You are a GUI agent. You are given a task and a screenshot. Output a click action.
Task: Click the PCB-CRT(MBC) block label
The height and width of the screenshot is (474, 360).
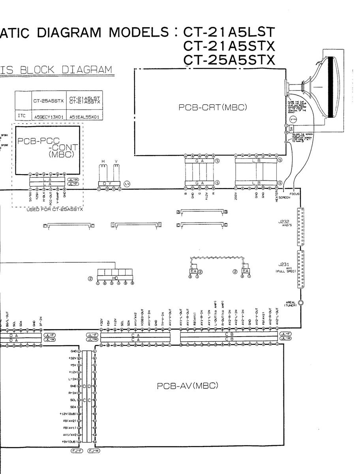click(213, 107)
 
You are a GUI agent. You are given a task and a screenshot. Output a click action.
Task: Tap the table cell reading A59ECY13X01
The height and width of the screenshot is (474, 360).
click(46, 117)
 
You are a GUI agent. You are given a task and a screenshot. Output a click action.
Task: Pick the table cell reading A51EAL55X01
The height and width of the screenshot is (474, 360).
click(84, 117)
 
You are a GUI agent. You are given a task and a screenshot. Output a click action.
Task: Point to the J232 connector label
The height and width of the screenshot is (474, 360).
click(284, 222)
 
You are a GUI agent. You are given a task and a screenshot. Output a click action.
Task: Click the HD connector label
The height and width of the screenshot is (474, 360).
click(115, 278)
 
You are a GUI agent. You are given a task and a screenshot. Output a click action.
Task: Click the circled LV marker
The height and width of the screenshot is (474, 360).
click(127, 184)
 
